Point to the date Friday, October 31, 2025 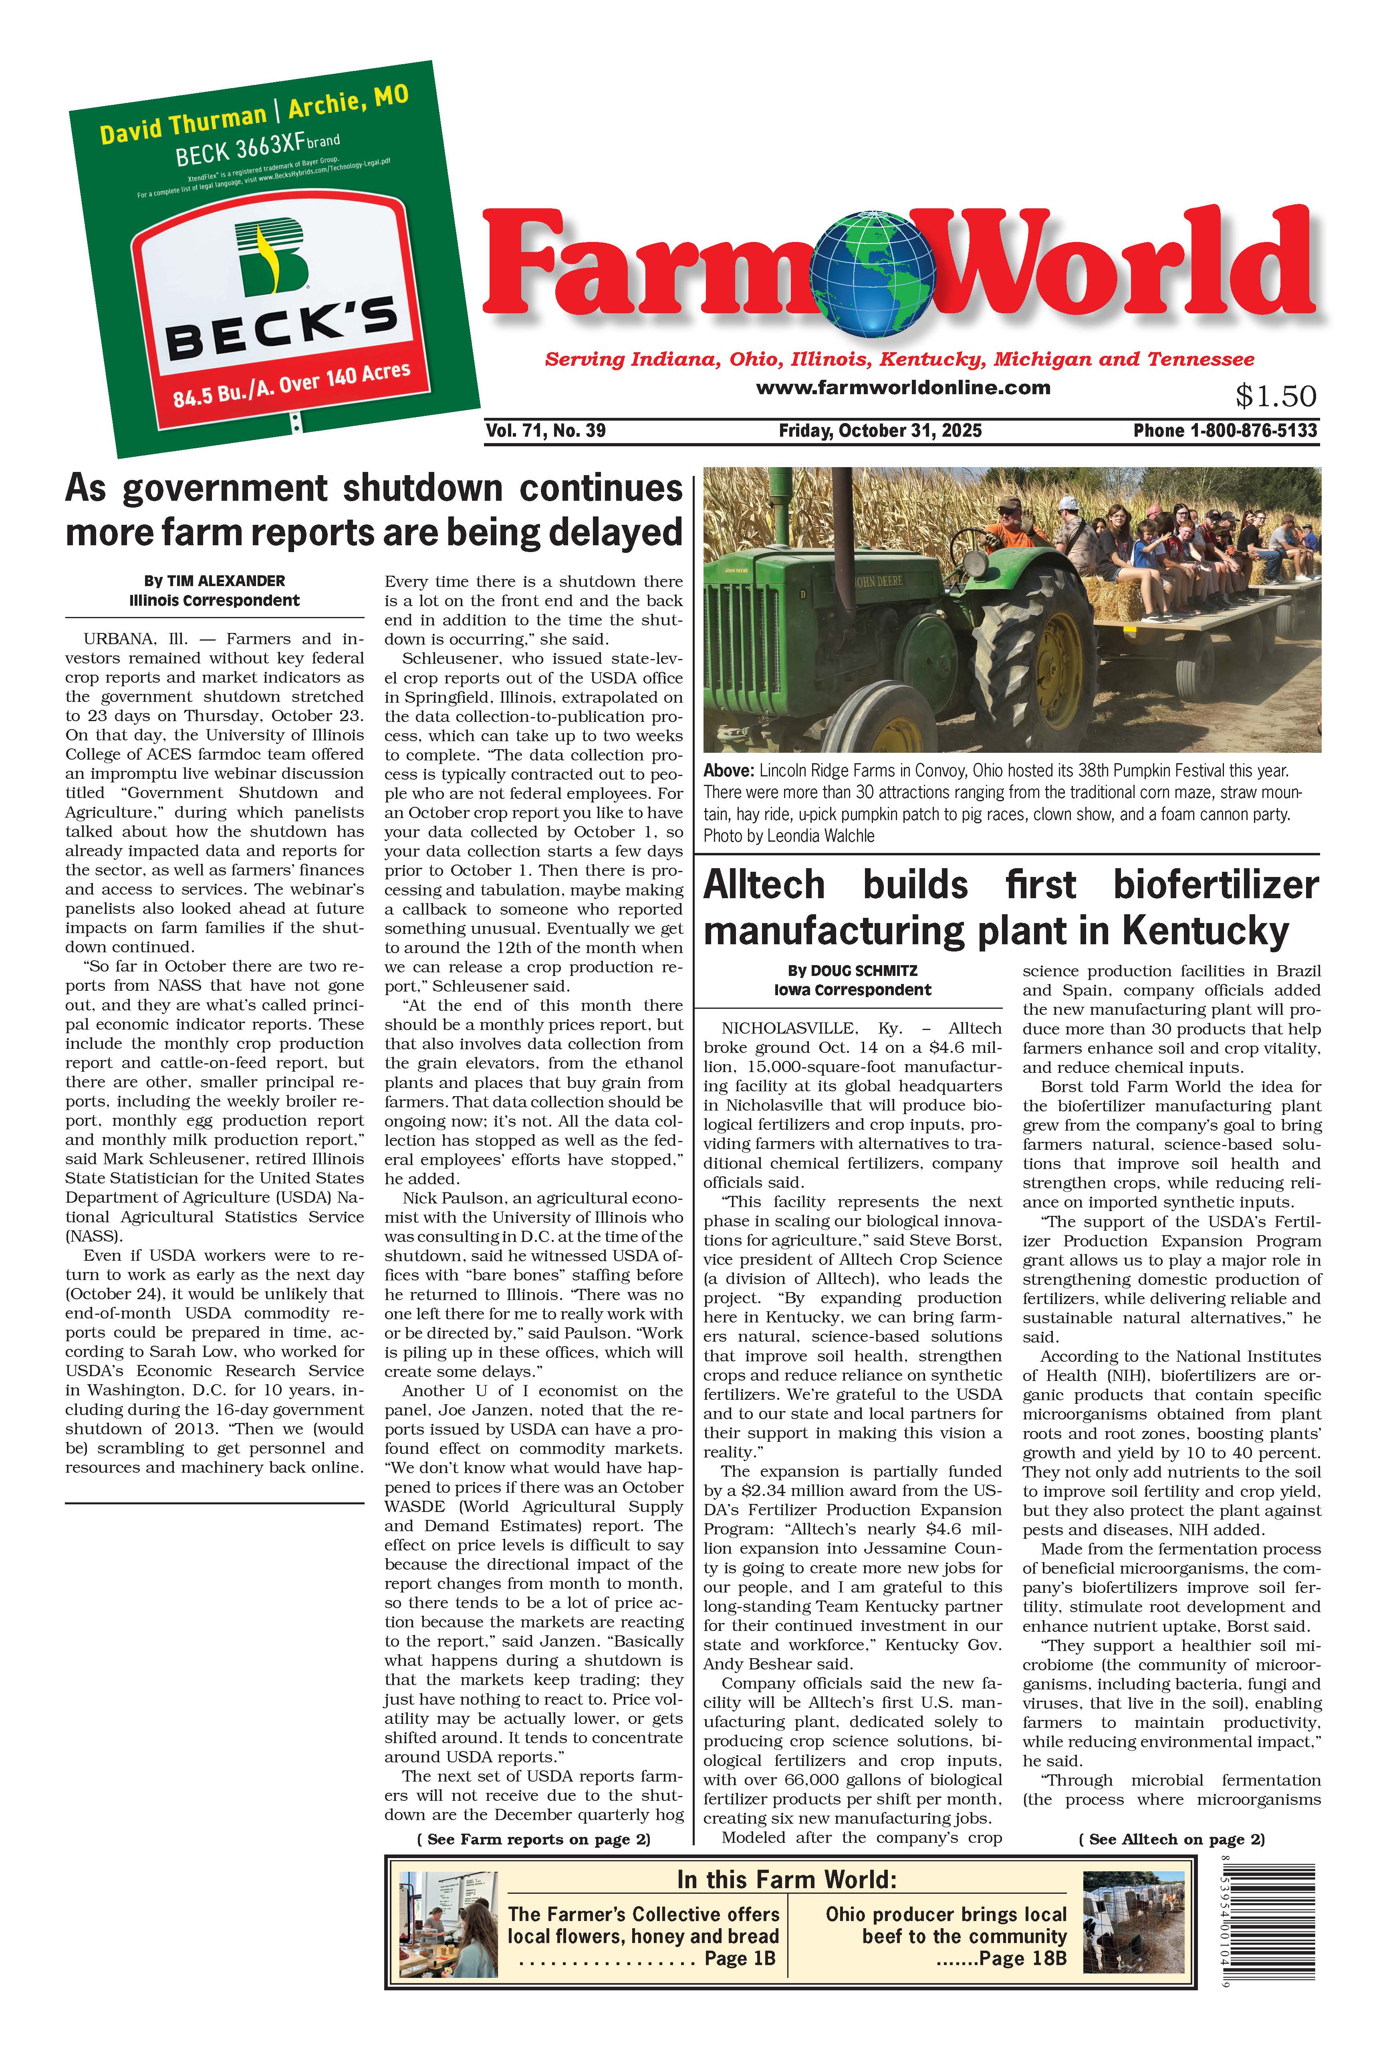pyautogui.click(x=880, y=430)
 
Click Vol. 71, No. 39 pyautogui.click(x=545, y=430)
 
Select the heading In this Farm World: pyautogui.click(x=786, y=1879)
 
